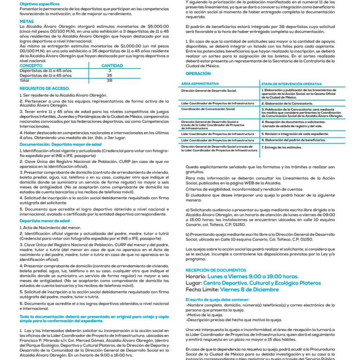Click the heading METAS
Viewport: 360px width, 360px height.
[27, 21]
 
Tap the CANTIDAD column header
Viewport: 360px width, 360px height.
[112, 66]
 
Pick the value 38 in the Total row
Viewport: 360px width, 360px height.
[109, 80]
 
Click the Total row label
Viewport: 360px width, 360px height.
[25, 80]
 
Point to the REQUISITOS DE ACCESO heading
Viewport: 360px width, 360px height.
[45, 89]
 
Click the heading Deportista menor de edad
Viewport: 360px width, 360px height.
[45, 221]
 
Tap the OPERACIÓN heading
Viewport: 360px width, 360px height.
[198, 74]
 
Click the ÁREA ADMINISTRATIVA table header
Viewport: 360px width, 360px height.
[200, 84]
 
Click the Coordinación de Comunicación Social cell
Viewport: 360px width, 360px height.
[208, 109]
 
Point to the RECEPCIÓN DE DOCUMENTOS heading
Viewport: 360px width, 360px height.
[216, 270]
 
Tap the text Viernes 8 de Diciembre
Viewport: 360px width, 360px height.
[249, 290]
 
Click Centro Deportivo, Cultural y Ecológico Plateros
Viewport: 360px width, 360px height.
[262, 283]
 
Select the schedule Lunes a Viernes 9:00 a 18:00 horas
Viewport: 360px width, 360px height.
[257, 277]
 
